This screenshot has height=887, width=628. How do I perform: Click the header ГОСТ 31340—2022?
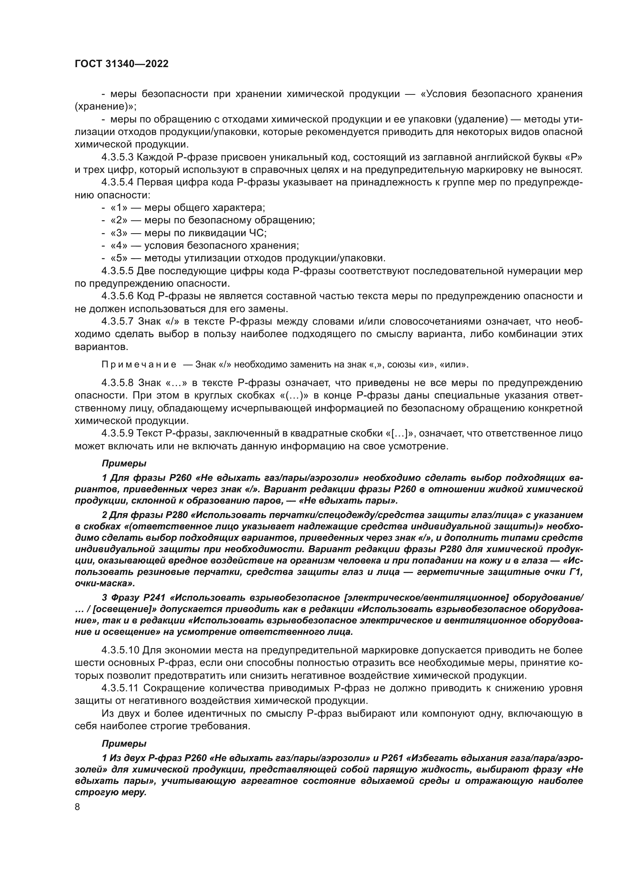click(x=121, y=64)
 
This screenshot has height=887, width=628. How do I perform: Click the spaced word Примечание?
click(x=139, y=365)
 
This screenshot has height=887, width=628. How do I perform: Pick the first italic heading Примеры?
click(x=124, y=463)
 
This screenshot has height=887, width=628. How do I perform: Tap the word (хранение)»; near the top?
click(x=106, y=106)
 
